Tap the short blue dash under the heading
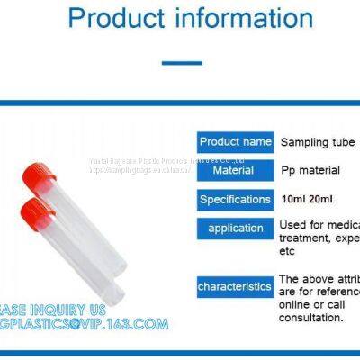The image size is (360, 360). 181,63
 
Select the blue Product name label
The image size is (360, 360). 235,141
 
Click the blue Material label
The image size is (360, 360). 233,170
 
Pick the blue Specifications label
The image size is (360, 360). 235,199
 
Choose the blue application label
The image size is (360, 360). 235,228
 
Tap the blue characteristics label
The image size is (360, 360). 235,286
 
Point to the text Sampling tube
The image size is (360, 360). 318,142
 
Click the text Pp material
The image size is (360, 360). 310,170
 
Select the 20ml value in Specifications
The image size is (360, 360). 321,199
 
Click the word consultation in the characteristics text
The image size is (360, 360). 311,318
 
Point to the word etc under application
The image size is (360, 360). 288,251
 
